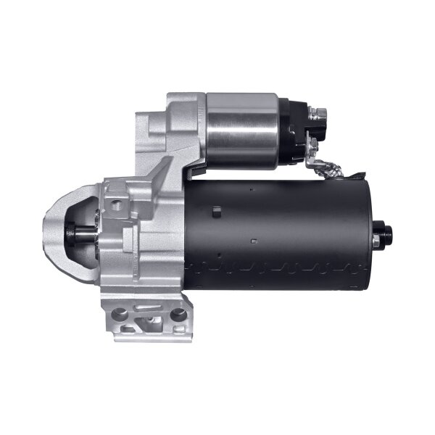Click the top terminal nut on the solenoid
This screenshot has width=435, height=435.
(x=317, y=112)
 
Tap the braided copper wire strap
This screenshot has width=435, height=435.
(x=333, y=169)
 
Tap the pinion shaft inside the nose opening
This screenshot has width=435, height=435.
(x=78, y=233)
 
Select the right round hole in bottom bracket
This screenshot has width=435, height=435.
(x=177, y=315)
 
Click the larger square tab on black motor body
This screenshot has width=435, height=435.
(x=216, y=212)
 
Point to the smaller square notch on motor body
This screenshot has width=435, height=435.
(x=252, y=239)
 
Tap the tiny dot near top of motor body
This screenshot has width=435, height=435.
(x=251, y=189)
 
